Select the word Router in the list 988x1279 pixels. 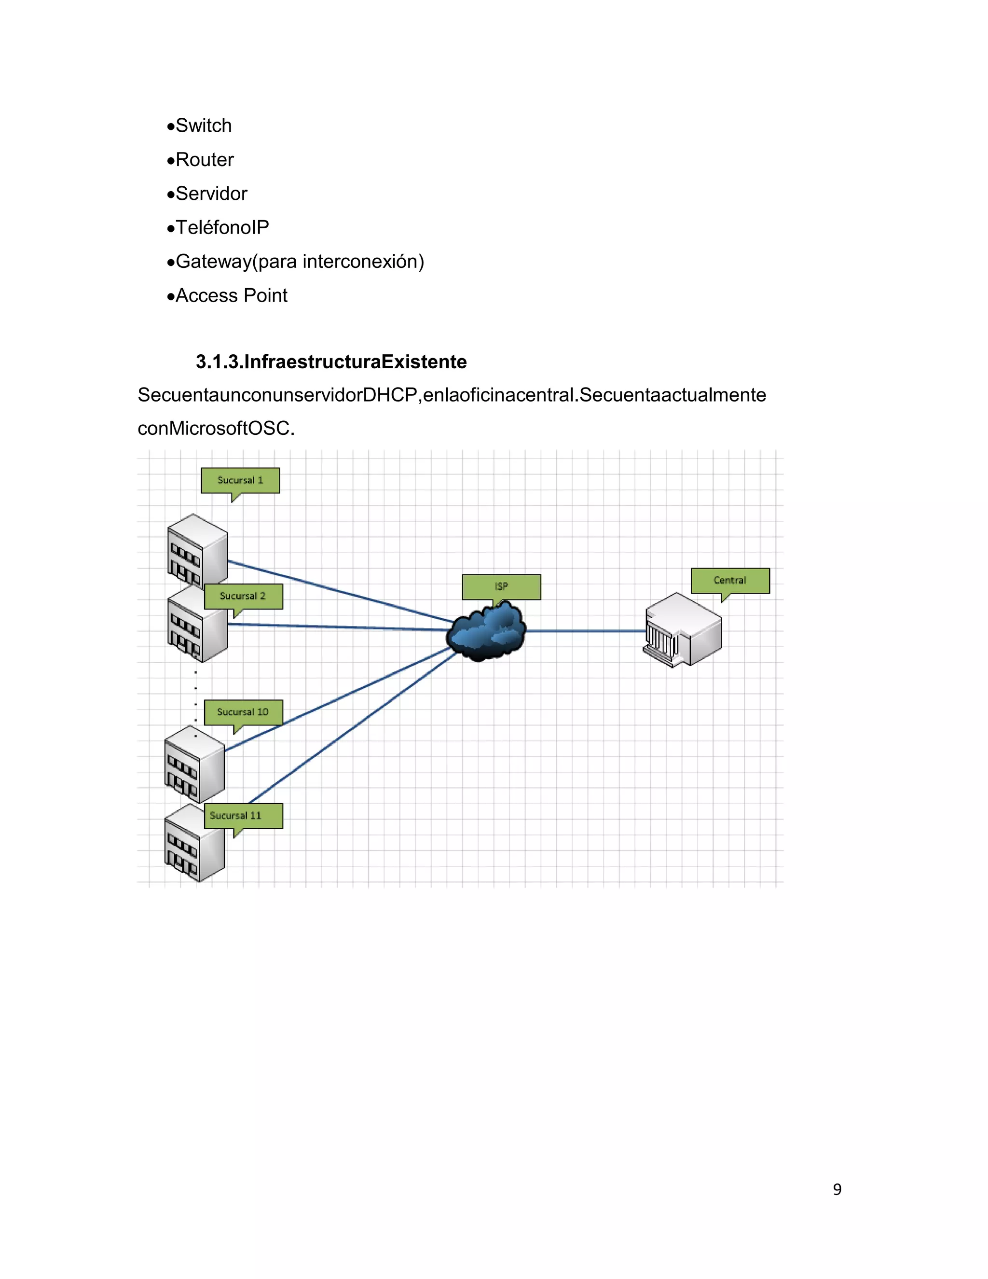click(204, 159)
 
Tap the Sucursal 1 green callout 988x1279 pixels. click(240, 480)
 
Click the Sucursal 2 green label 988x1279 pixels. click(243, 596)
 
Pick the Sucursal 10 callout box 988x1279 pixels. click(243, 712)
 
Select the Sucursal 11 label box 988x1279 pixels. click(243, 816)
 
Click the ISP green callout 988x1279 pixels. click(501, 587)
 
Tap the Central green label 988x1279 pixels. click(730, 580)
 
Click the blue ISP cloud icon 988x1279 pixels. click(486, 632)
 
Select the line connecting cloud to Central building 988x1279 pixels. click(585, 631)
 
